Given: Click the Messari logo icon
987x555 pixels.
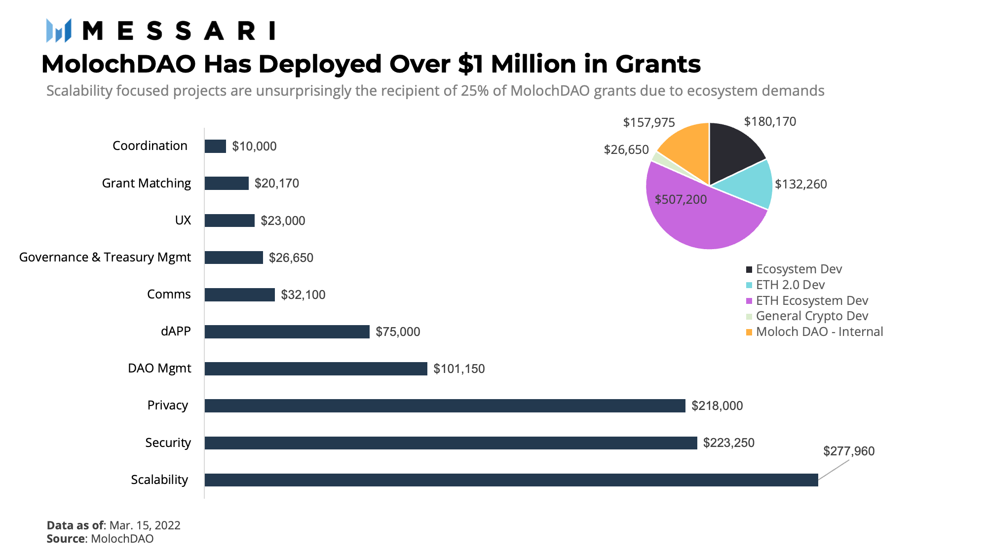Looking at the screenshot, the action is pyautogui.click(x=59, y=30).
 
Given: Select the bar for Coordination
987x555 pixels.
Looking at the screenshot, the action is pyautogui.click(x=215, y=146).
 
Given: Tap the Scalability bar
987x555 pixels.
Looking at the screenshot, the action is pyautogui.click(x=511, y=480).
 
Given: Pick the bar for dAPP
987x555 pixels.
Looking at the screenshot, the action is pyautogui.click(x=287, y=332).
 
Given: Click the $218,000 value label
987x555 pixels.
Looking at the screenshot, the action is pyautogui.click(x=717, y=406).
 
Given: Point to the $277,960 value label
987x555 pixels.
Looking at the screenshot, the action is pyautogui.click(x=849, y=451).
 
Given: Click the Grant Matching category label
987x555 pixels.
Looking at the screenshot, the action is pyautogui.click(x=146, y=183).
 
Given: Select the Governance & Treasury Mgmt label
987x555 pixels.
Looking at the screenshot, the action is pyautogui.click(x=105, y=257).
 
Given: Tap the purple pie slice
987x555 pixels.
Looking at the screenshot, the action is pyautogui.click(x=701, y=217).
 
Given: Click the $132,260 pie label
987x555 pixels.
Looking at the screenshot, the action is pyautogui.click(x=801, y=184).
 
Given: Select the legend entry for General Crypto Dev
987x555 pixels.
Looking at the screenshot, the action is pyautogui.click(x=807, y=316).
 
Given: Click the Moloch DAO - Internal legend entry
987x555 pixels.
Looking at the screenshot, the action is pyautogui.click(x=814, y=332).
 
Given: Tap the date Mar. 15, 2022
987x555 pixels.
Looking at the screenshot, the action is pyautogui.click(x=145, y=525).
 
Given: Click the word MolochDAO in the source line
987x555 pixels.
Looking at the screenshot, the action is pyautogui.click(x=122, y=538).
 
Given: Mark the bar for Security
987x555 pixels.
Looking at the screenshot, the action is pyautogui.click(x=451, y=443).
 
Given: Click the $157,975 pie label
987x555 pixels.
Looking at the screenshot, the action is pyautogui.click(x=649, y=122).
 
